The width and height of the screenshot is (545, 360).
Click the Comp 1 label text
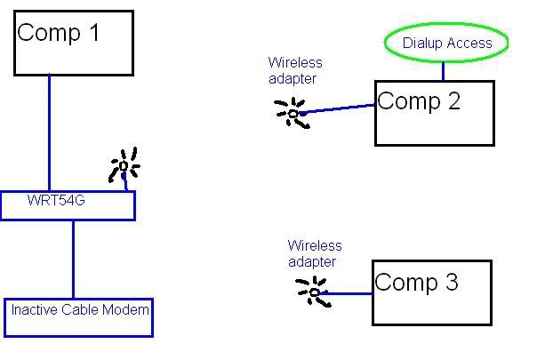pyautogui.click(x=60, y=34)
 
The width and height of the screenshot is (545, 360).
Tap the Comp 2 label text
pyautogui.click(x=419, y=101)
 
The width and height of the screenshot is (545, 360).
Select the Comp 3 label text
pyautogui.click(x=416, y=283)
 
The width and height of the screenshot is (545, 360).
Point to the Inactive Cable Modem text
pyautogui.click(x=80, y=310)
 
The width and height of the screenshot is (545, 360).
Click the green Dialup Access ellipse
pyautogui.click(x=445, y=43)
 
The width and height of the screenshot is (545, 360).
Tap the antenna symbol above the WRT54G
pyautogui.click(x=124, y=166)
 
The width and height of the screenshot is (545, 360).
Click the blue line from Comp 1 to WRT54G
pyautogui.click(x=49, y=133)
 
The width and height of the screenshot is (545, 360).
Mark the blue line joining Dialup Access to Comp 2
pyautogui.click(x=443, y=69)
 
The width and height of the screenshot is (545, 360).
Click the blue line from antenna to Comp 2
pyautogui.click(x=338, y=109)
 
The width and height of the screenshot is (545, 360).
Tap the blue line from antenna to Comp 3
pyautogui.click(x=347, y=293)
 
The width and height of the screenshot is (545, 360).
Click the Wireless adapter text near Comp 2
pyautogui.click(x=295, y=71)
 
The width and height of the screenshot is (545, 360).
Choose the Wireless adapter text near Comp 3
pyautogui.click(x=314, y=253)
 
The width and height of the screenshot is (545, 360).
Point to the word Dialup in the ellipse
pyautogui.click(x=423, y=43)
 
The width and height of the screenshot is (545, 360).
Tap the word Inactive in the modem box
pyautogui.click(x=33, y=310)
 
